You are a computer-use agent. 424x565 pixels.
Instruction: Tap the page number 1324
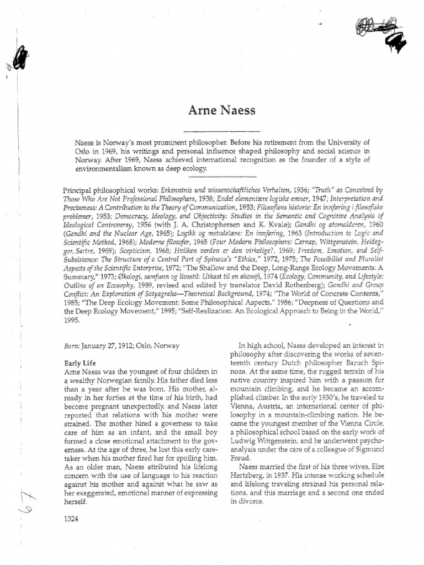pos(73,519)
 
